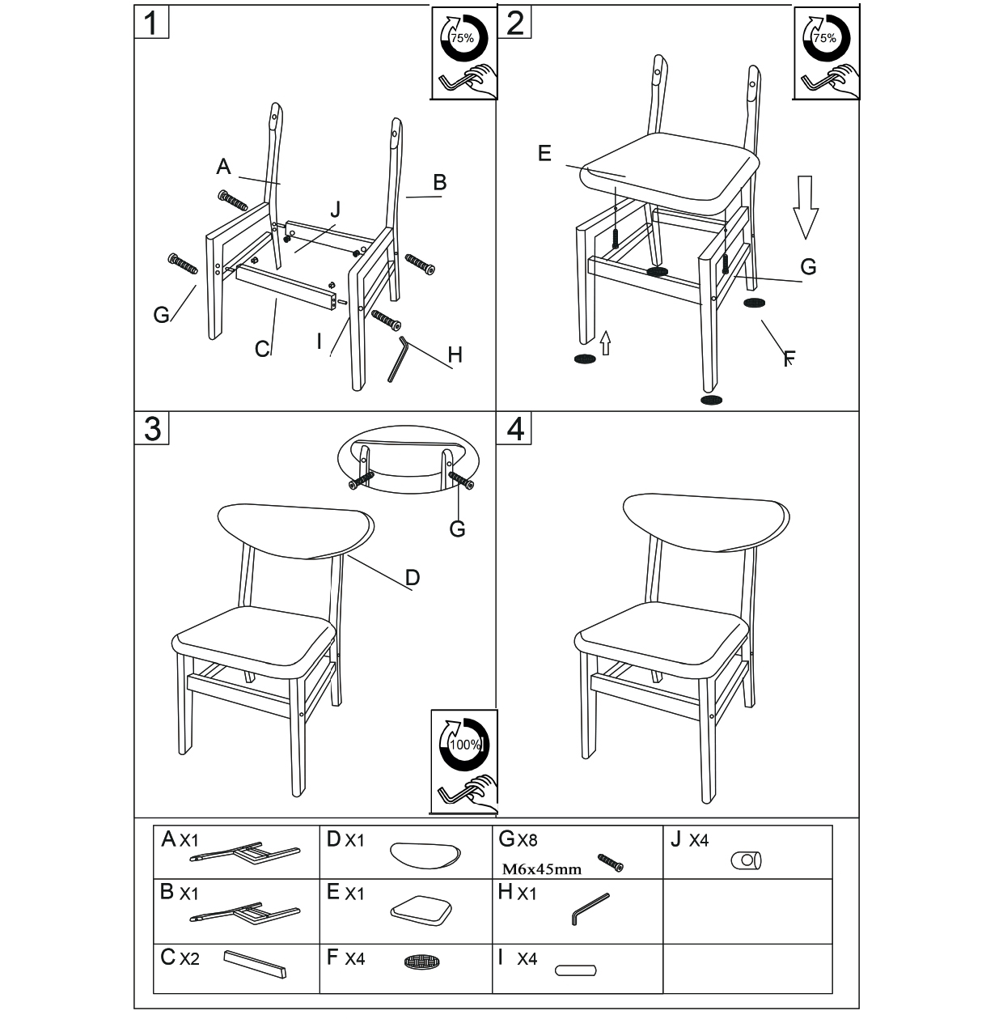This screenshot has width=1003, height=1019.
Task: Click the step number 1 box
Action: (151, 22)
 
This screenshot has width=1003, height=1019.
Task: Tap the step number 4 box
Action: (514, 428)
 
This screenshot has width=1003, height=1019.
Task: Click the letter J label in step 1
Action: (335, 210)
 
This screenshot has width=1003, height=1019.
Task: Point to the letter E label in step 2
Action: (544, 153)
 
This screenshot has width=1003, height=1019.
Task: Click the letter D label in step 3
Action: (413, 577)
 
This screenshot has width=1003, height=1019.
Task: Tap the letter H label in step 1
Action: (455, 355)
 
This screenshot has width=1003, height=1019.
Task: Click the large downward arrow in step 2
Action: (806, 206)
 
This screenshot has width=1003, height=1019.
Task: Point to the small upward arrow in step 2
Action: (606, 343)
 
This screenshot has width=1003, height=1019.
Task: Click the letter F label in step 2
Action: (789, 359)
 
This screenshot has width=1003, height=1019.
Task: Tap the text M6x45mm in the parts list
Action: (541, 868)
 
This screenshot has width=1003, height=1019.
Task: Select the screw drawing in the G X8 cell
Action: (610, 863)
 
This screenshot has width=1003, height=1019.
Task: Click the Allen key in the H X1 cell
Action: (590, 909)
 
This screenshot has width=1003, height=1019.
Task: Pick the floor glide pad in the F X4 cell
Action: (422, 962)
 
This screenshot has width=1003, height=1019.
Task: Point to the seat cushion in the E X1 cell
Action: (421, 910)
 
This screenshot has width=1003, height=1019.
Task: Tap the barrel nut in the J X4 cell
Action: (746, 861)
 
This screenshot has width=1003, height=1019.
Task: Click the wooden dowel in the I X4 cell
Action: (576, 970)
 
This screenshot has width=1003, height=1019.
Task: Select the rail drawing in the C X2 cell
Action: (255, 964)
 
